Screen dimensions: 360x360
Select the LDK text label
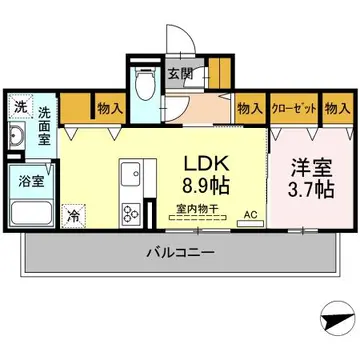(205, 161)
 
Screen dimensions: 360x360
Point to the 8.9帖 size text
(205, 185)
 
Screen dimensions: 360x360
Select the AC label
(250, 213)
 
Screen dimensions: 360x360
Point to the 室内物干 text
(198, 210)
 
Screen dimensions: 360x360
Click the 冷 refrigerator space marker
(73, 214)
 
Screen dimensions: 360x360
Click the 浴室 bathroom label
(29, 181)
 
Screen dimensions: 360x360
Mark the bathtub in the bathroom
(32, 214)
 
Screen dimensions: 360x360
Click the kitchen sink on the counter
(132, 178)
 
